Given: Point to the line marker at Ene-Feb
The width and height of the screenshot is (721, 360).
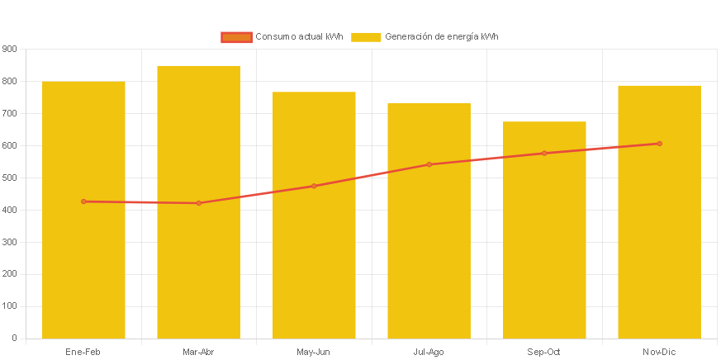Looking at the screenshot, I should point(83,201).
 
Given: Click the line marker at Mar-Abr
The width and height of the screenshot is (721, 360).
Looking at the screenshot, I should point(198,203).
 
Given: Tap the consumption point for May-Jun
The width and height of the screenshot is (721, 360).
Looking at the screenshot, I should point(314,186).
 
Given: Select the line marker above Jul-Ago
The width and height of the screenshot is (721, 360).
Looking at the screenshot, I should point(429,164).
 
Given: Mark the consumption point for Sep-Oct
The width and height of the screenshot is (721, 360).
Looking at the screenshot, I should point(544,153).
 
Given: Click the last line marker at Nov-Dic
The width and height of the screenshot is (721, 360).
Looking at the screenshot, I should point(659,144).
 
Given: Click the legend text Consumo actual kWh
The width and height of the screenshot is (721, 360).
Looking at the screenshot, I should point(299,36).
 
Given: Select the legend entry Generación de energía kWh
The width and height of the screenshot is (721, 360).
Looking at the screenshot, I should point(441,36).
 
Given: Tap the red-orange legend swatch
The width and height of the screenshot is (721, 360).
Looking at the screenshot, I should point(236,36).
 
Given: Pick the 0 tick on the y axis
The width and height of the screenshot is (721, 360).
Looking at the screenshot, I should point(14,338).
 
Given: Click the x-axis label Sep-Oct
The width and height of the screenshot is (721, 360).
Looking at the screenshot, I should point(544,352).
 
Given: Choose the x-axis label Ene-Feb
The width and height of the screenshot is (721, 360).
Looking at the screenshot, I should point(83,352).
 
